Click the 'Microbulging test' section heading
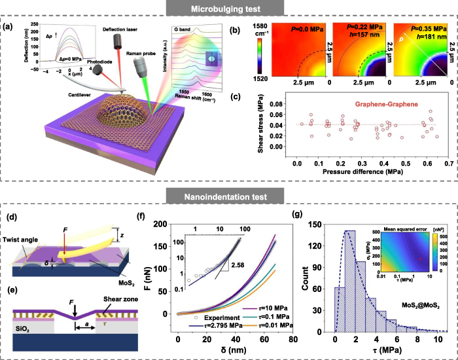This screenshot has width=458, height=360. click(228, 9)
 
